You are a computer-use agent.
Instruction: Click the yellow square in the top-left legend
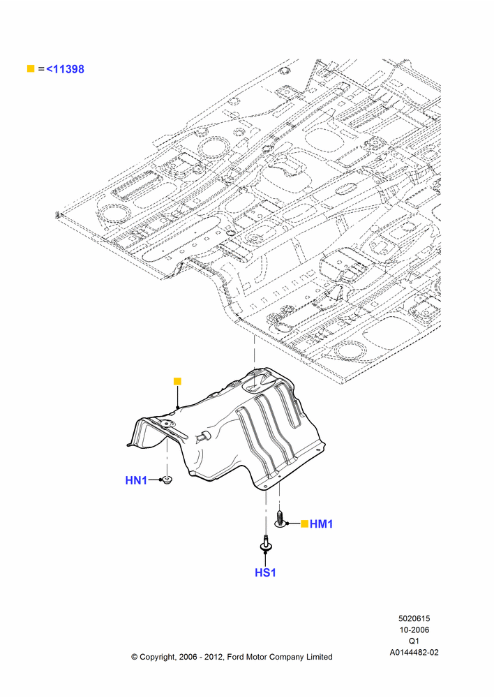click(31, 68)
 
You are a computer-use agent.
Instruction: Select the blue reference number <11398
click(65, 69)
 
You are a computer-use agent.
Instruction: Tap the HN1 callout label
click(136, 480)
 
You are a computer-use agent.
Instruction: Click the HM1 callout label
click(322, 524)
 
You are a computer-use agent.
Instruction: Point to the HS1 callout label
click(265, 572)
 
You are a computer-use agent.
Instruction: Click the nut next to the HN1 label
click(167, 480)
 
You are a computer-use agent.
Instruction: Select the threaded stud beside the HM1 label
click(280, 519)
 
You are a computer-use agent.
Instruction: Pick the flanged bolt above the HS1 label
click(266, 544)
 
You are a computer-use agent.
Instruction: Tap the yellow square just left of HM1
click(304, 524)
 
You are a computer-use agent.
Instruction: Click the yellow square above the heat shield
click(177, 382)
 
